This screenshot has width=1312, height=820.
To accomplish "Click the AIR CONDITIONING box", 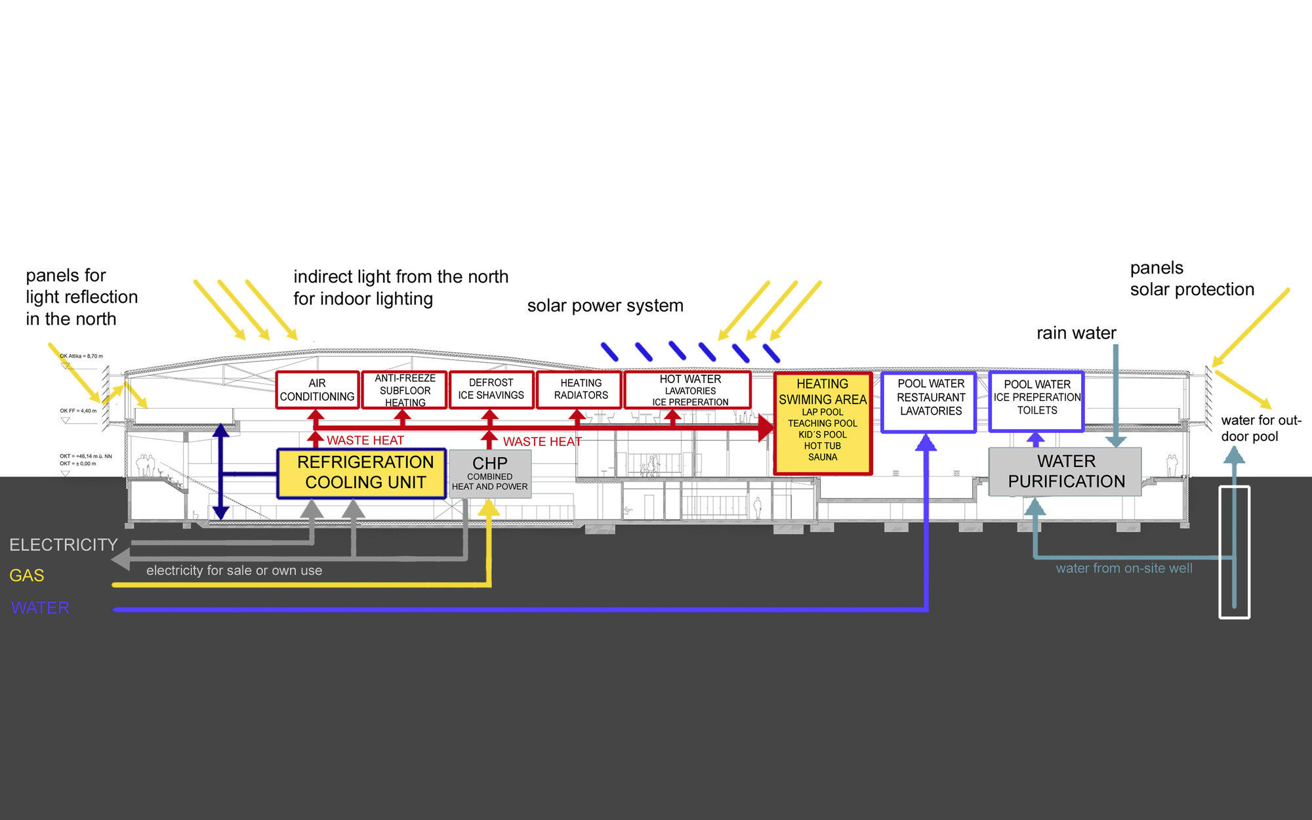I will click(317, 390).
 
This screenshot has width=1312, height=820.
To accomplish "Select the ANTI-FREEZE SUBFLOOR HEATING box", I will click(405, 390).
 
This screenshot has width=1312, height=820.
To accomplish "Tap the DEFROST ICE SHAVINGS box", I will click(491, 389).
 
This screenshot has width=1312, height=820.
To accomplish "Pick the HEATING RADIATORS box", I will click(581, 389).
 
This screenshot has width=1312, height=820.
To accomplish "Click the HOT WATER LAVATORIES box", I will click(689, 390).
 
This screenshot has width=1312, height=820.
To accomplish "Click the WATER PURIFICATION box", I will click(1065, 472).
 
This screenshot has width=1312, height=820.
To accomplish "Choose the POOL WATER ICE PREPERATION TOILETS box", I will click(1036, 401).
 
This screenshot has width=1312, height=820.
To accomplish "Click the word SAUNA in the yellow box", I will click(822, 457).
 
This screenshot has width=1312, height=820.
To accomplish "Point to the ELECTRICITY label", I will click(63, 545).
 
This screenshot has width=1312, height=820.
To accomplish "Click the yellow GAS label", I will click(27, 575).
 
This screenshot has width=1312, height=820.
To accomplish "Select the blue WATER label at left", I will click(40, 608).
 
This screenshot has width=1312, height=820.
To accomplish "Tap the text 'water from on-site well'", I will click(1124, 569).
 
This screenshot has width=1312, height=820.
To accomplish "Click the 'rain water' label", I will click(1076, 333).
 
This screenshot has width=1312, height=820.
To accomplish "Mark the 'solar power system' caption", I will click(605, 306).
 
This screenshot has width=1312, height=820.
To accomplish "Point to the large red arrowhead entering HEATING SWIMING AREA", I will click(766, 427).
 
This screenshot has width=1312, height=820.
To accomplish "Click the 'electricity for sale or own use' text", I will click(234, 571).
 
